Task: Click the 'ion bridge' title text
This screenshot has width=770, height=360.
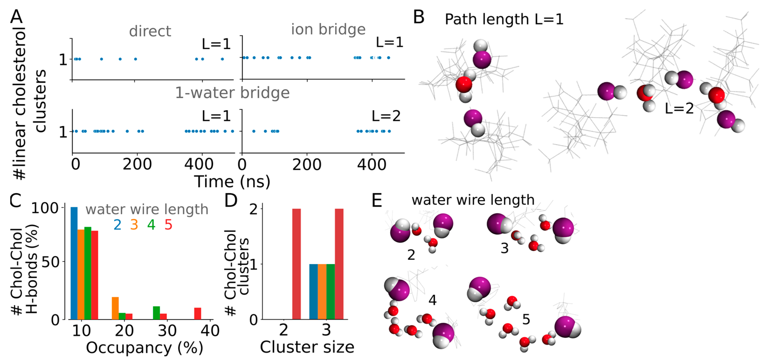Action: pos(328,29)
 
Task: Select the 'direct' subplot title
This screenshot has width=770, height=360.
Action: pos(150,31)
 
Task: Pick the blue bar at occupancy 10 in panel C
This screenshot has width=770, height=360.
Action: pos(74,263)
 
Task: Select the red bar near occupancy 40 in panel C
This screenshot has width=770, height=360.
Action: pos(198,313)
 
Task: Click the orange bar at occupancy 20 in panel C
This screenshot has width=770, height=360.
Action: pos(115,308)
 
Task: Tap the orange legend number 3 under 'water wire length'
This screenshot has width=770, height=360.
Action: pos(134,225)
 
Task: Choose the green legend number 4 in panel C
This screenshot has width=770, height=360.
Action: pos(151,225)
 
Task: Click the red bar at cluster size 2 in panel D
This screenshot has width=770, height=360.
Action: pos(296,264)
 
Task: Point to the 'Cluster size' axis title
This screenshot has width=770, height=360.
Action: pos(307,347)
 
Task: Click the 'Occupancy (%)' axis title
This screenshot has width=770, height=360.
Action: pos(144,348)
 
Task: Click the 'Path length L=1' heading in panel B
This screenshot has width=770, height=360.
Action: pos(504,19)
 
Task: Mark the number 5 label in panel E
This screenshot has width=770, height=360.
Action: pos(526,320)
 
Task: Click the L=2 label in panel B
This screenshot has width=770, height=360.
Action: pos(679,108)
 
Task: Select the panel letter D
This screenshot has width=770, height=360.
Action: pos(230,201)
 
